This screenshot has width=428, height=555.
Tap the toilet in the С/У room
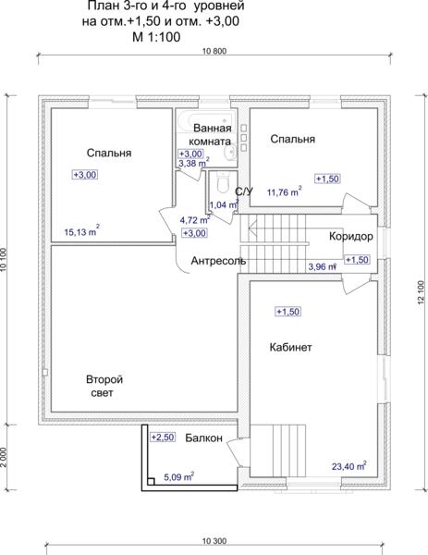(223, 183)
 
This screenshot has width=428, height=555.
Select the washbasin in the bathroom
(229, 153)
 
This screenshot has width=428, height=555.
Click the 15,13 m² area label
(81, 231)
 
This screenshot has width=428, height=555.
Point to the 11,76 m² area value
(285, 191)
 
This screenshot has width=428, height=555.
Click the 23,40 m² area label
(349, 465)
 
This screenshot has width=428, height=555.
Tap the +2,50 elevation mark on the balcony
(163, 438)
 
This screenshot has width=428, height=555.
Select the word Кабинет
(290, 347)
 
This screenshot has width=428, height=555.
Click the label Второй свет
(104, 386)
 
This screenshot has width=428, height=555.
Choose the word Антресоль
(218, 261)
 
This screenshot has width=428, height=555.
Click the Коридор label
(351, 236)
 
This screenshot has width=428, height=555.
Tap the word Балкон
(203, 438)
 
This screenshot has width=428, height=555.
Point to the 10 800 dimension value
(214, 51)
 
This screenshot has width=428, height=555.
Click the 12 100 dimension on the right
(421, 292)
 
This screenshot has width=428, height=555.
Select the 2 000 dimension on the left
(4, 457)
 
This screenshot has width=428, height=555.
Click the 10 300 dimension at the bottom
(214, 541)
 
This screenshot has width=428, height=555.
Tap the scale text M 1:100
(156, 37)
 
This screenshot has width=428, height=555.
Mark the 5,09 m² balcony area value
(178, 476)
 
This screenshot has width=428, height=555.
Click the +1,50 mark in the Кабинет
(287, 312)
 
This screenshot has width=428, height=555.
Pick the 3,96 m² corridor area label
(322, 266)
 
